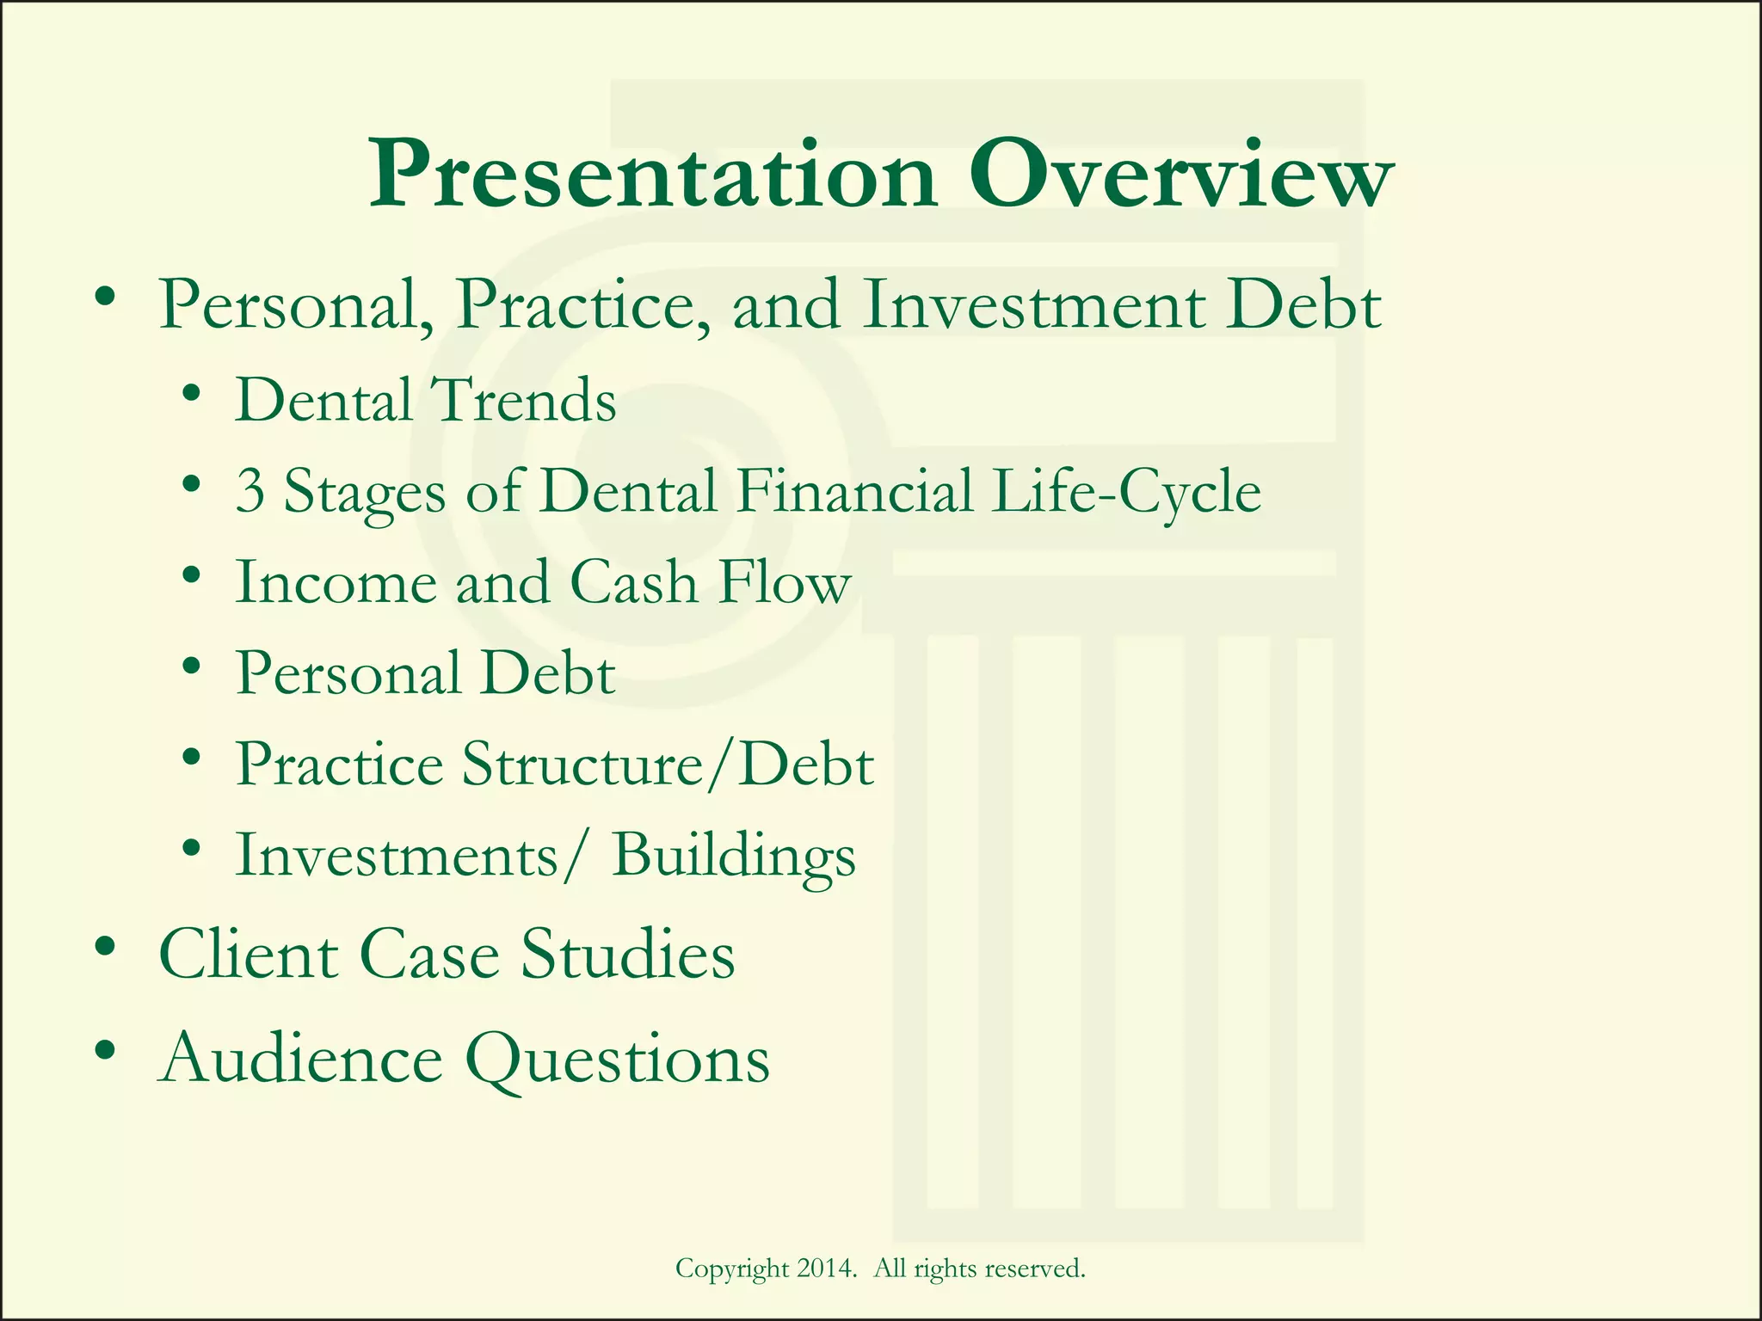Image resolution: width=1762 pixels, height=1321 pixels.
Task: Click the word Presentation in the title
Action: pyautogui.click(x=652, y=176)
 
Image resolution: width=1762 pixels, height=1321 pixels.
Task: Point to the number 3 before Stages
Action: pyautogui.click(x=250, y=492)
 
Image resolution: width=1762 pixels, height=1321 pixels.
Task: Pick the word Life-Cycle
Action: pyautogui.click(x=1125, y=492)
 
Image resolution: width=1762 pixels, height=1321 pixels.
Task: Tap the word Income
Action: pyautogui.click(x=336, y=582)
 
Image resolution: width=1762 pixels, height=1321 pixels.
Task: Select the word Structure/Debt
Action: pyautogui.click(x=668, y=764)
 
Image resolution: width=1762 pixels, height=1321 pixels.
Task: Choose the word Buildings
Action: pyautogui.click(x=733, y=856)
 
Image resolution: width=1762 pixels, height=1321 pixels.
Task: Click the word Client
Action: pyautogui.click(x=248, y=955)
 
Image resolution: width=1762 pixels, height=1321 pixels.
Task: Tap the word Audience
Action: pyautogui.click(x=301, y=1059)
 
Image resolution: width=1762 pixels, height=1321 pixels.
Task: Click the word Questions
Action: pyautogui.click(x=618, y=1060)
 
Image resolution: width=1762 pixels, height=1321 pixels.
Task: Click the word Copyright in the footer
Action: pyautogui.click(x=732, y=1269)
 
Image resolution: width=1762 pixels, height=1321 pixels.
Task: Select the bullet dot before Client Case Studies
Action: pyautogui.click(x=106, y=948)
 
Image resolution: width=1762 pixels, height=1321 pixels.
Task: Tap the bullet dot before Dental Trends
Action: pyautogui.click(x=193, y=395)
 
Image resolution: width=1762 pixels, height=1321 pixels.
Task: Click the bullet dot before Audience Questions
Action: pyautogui.click(x=106, y=1051)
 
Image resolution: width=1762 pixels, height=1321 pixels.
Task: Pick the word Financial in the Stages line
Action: pyautogui.click(x=854, y=492)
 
